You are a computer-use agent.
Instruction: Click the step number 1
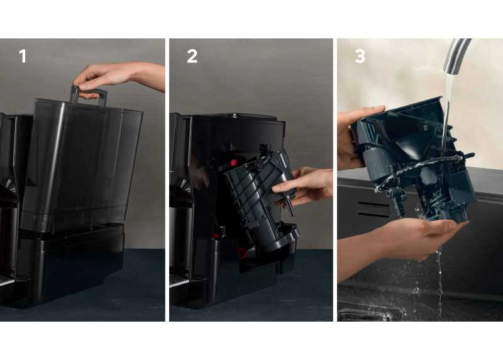click(23, 56)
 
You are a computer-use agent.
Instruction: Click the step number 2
click(192, 56)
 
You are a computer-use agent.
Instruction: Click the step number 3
click(360, 56)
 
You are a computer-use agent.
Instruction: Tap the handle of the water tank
click(89, 94)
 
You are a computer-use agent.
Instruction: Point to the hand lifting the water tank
click(119, 77)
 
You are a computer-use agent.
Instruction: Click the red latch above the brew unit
click(233, 162)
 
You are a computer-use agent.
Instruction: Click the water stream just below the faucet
click(448, 96)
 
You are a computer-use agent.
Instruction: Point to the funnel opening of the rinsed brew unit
click(405, 142)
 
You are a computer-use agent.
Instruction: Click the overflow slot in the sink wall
click(373, 210)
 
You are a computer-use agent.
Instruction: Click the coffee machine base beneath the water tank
click(70, 263)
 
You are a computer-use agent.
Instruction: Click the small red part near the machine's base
click(216, 237)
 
